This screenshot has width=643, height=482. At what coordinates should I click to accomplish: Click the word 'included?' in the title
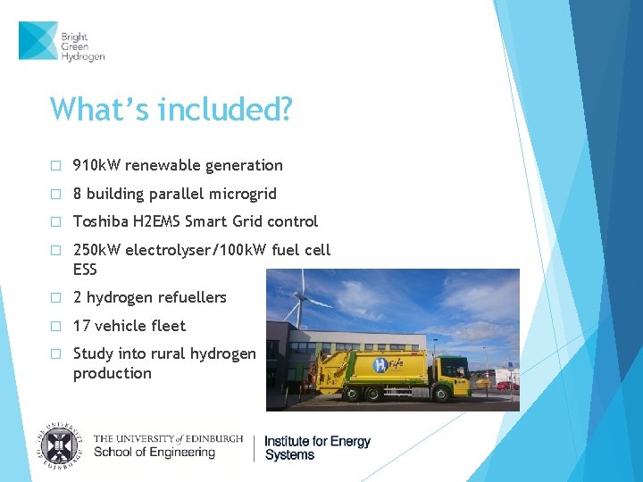[224, 109]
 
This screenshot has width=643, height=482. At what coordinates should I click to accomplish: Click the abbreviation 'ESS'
[85, 269]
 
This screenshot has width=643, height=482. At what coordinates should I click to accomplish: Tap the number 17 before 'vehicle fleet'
[81, 326]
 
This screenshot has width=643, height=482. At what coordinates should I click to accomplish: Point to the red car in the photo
[505, 386]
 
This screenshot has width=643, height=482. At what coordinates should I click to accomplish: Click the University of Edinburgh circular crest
[60, 444]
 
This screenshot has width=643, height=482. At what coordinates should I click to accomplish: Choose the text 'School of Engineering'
[154, 453]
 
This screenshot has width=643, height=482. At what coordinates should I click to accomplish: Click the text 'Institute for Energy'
[317, 441]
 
